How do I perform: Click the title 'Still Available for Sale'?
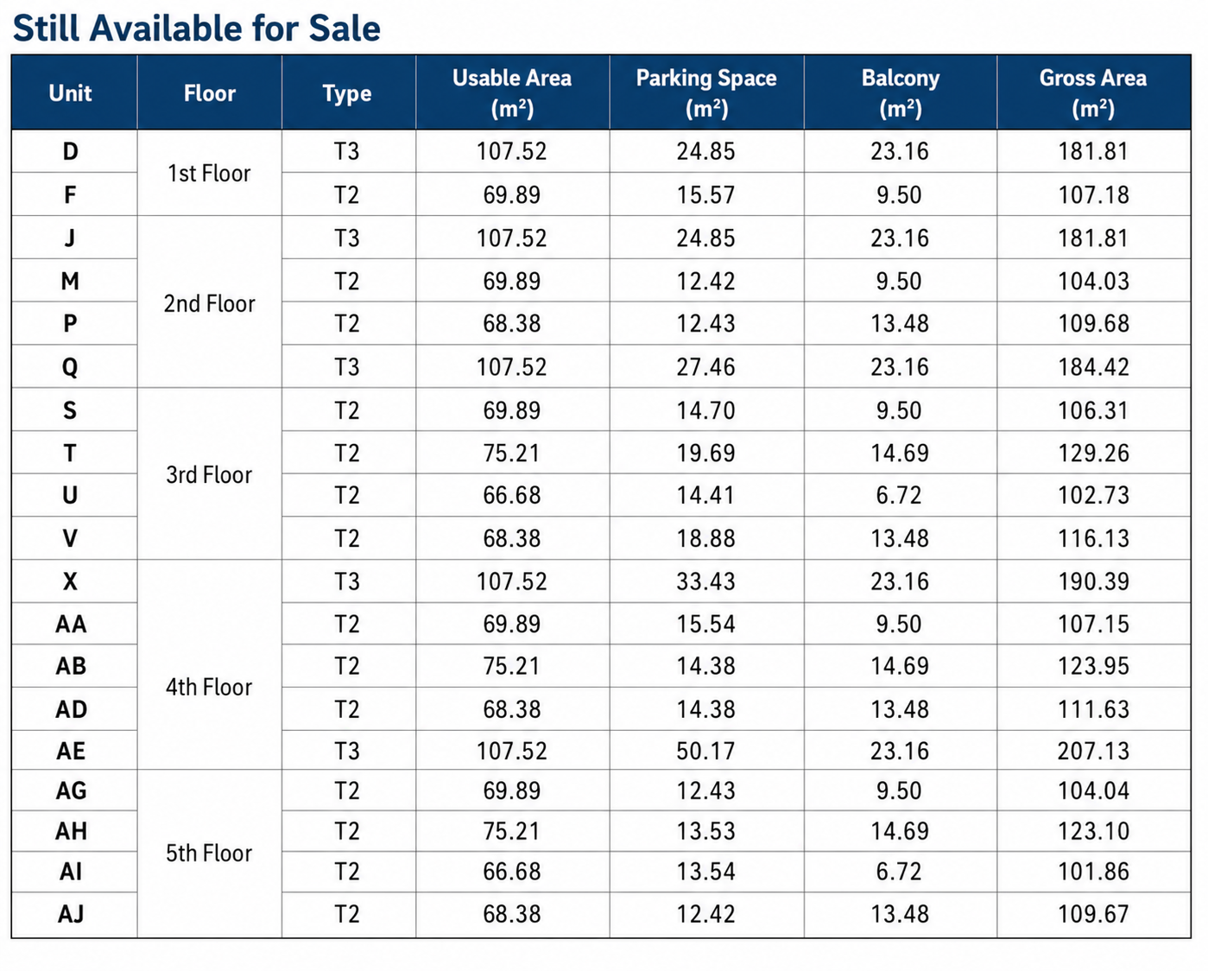197,29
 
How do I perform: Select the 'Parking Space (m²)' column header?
706,92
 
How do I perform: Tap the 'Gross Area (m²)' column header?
1093,92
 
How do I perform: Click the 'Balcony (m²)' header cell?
901,92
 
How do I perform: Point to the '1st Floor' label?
209,174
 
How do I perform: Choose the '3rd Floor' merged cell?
209,474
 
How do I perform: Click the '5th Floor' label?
209,853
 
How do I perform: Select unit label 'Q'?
70,367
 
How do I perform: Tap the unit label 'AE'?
71,751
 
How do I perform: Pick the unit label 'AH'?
72,831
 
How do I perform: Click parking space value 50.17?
705,751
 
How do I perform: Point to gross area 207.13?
1093,751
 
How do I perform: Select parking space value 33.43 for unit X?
705,581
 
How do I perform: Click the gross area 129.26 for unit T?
1093,454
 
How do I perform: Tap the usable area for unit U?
511,495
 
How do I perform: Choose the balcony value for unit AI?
899,872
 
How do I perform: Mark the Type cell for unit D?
346,152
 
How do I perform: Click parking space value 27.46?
705,367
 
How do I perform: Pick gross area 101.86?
1093,872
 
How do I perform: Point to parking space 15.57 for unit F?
705,195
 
